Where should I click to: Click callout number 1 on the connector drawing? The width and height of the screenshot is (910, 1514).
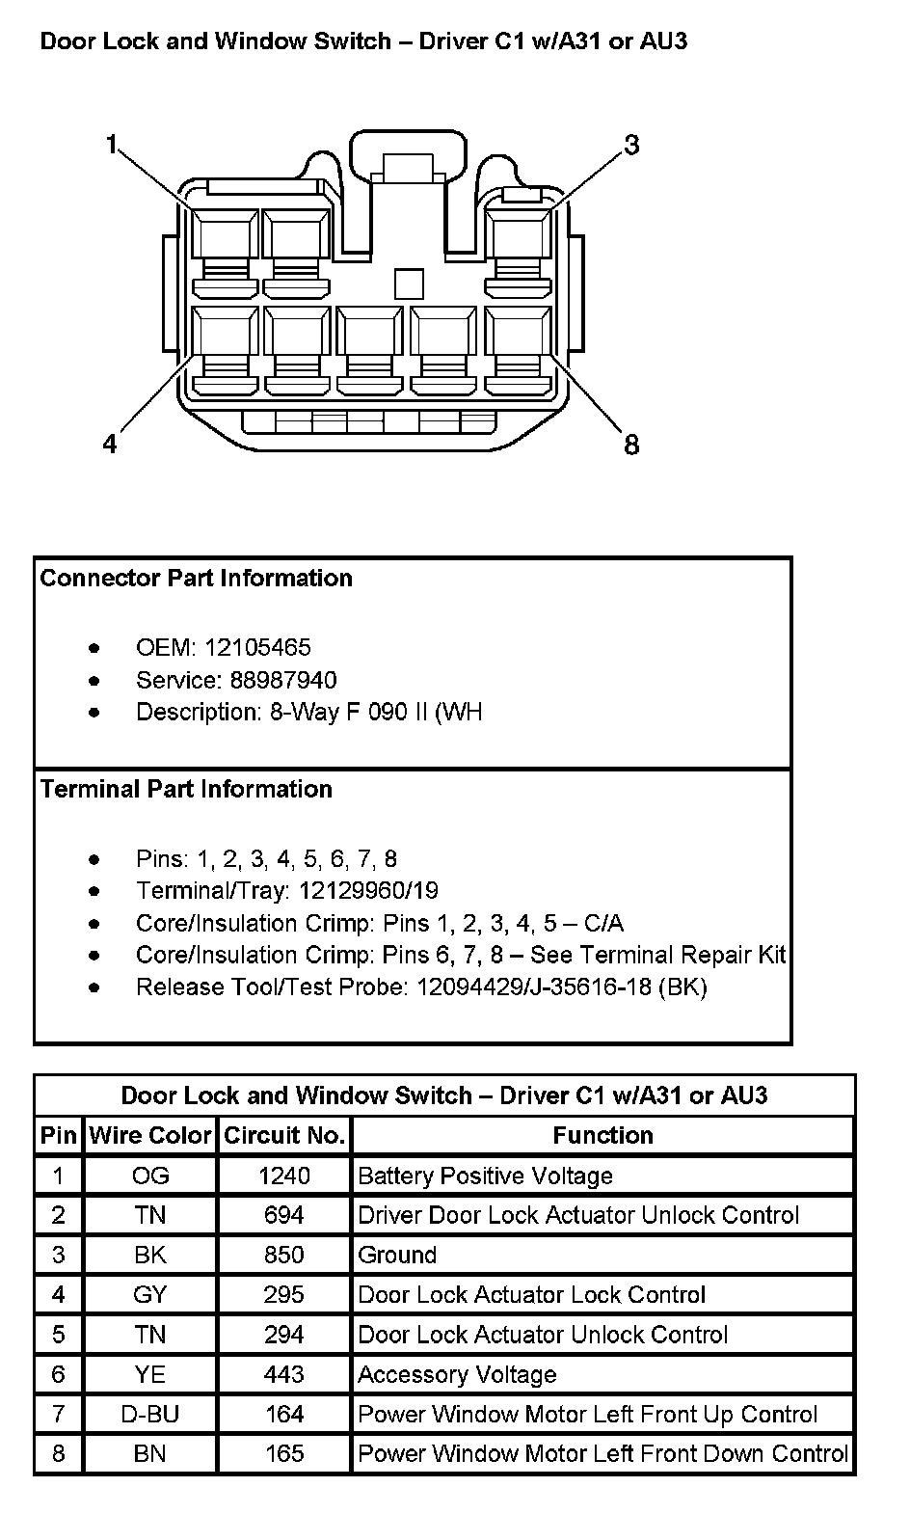point(111,146)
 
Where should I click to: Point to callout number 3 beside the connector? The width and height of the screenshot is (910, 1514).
point(631,145)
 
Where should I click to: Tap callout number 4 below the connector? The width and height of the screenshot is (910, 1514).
point(110,444)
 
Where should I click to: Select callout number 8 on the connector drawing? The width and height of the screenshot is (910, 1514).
point(631,445)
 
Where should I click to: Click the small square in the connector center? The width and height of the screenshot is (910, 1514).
point(409,284)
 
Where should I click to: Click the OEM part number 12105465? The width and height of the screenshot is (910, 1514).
point(257,648)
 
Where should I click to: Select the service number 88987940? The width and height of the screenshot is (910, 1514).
point(283,681)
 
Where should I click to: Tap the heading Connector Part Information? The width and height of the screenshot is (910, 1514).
point(197,579)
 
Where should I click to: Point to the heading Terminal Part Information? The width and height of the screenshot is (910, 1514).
point(187,790)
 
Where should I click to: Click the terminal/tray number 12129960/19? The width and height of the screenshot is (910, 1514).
point(369,891)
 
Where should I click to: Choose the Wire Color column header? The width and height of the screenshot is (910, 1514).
point(150,1136)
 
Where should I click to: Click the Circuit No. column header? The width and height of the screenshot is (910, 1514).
point(284,1136)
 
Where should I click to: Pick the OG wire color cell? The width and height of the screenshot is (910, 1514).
point(150,1176)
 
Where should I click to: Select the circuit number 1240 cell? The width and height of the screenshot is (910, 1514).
point(284,1176)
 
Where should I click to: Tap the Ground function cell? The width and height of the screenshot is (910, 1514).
point(397,1256)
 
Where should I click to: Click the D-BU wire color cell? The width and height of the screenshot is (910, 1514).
point(150,1415)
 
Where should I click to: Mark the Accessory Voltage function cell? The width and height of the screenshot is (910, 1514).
point(457,1375)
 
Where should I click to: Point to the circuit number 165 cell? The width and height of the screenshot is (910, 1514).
point(284,1454)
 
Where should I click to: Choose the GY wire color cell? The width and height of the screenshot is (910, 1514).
point(150,1295)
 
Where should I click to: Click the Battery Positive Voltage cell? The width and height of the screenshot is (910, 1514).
point(485,1176)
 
